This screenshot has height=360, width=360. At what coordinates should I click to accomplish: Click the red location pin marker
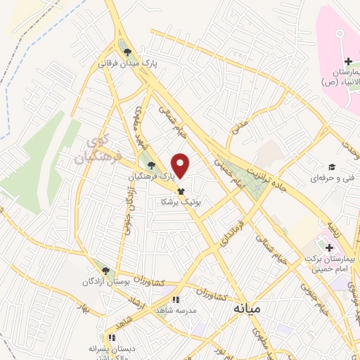pos(181,166)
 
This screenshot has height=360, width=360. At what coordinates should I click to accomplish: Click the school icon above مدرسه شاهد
pos(186,300)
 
